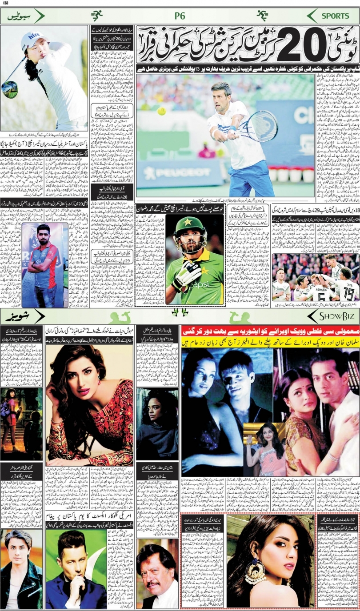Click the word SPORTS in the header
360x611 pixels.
point(336,16)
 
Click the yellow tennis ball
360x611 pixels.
point(161,111)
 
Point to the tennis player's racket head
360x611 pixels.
point(264,126)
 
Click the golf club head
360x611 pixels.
point(9,90)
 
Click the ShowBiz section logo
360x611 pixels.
point(334,316)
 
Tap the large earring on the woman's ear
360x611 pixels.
point(256,574)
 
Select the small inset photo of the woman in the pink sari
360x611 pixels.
point(265,449)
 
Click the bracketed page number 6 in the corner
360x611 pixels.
point(6,4)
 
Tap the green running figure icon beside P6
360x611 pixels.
point(96,16)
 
